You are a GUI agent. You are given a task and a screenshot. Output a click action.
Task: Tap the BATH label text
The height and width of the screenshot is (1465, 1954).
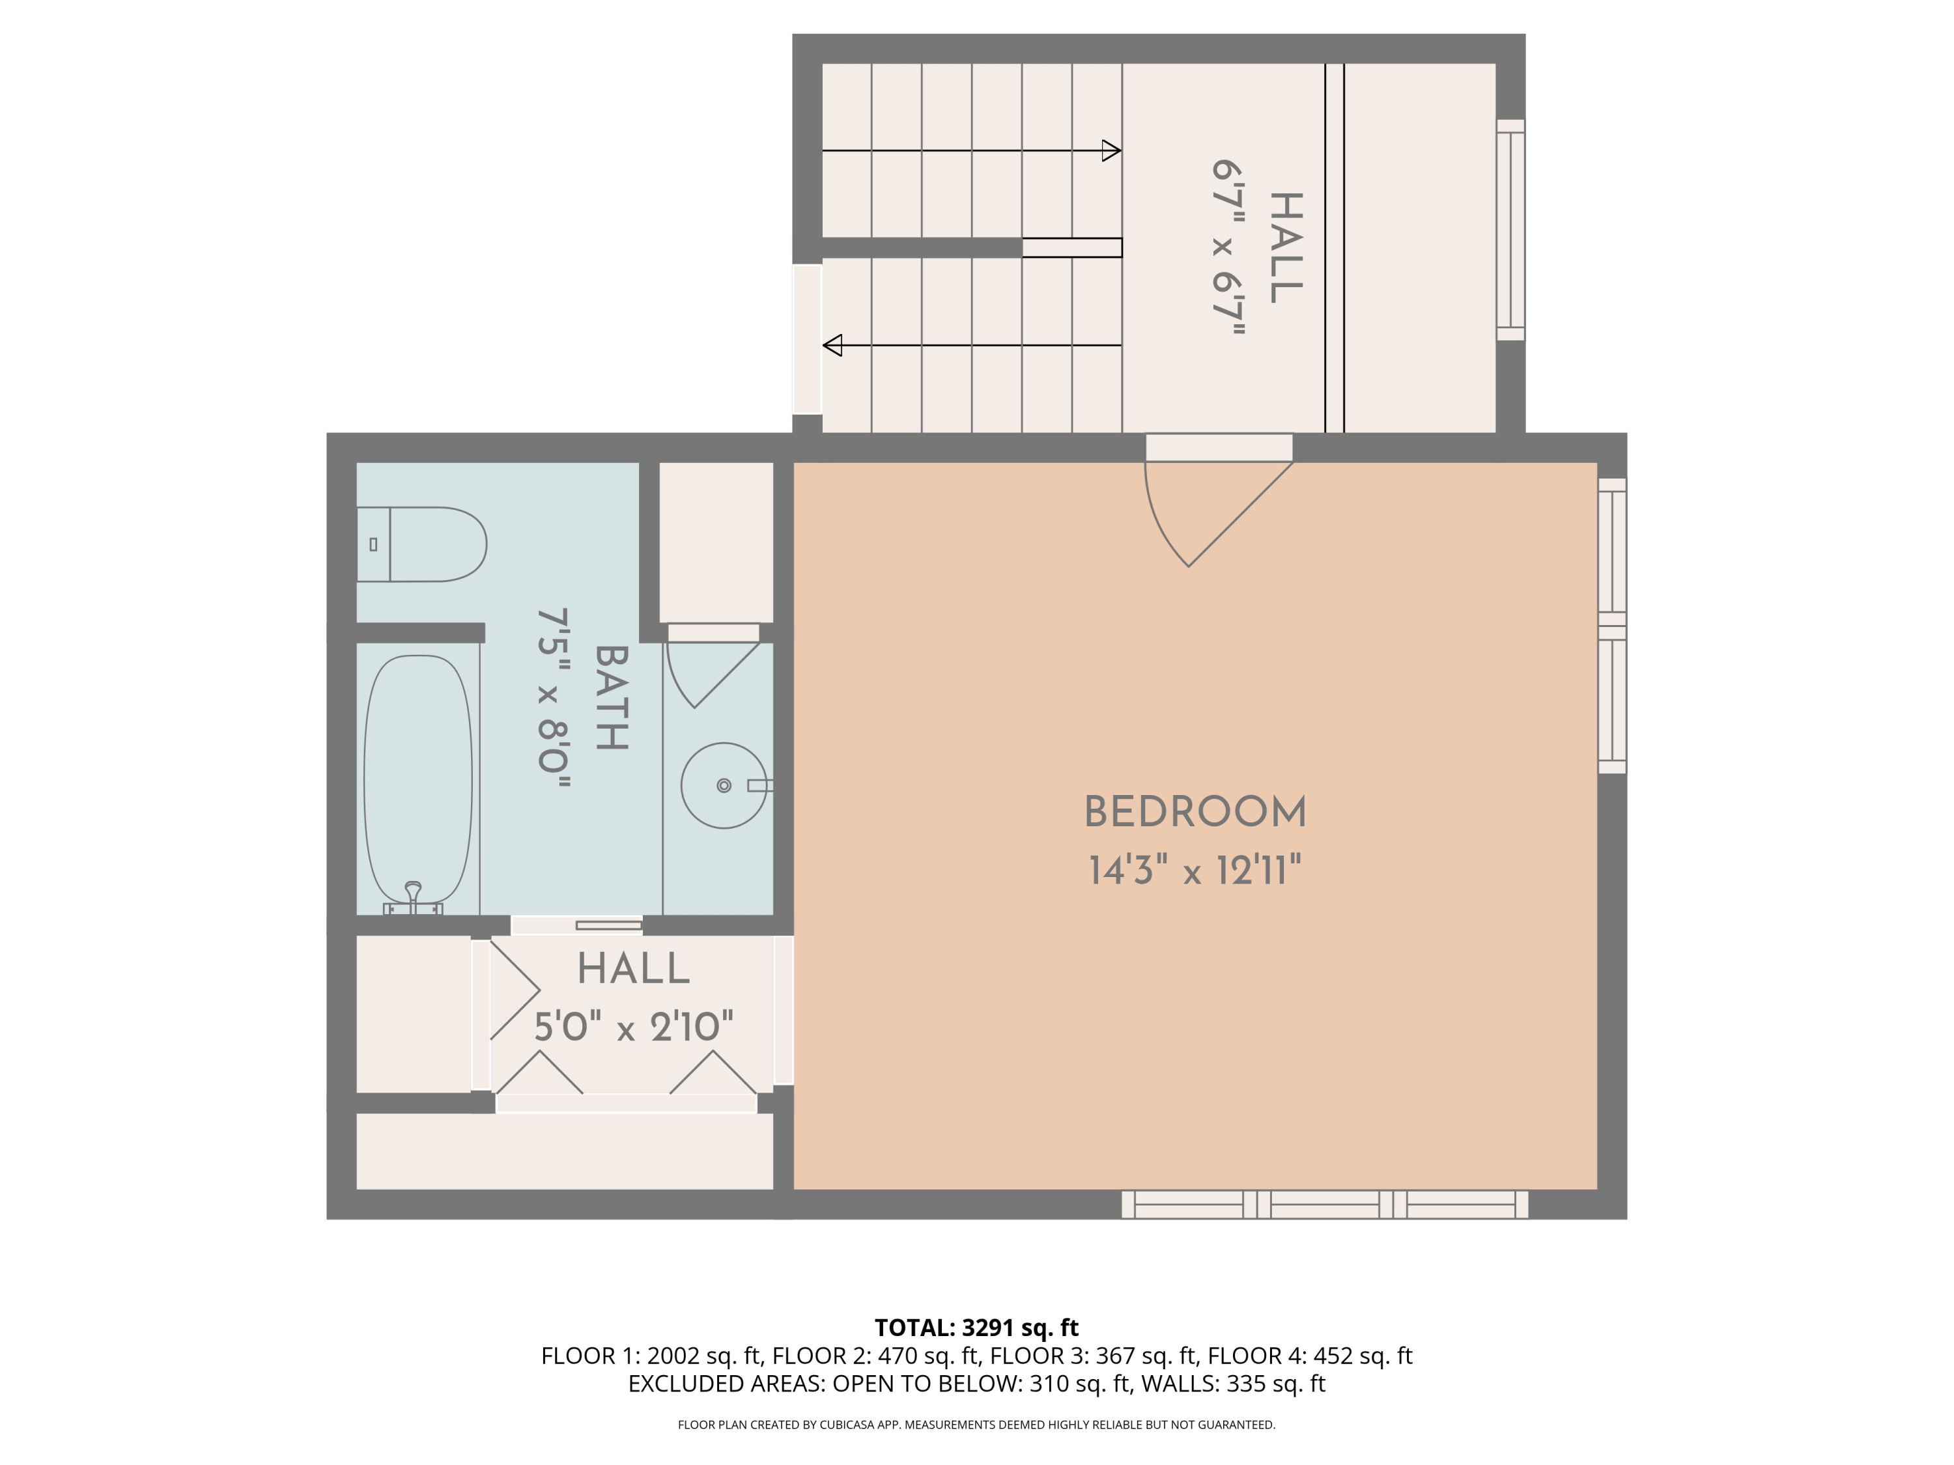click(x=612, y=697)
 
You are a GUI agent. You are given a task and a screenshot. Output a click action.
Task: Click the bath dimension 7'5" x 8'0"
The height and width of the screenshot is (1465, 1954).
click(x=554, y=697)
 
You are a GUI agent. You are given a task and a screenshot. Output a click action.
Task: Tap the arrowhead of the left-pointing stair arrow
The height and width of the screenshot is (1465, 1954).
click(x=832, y=345)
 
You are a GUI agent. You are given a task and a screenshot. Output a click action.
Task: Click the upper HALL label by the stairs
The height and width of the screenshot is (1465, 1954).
click(x=1285, y=248)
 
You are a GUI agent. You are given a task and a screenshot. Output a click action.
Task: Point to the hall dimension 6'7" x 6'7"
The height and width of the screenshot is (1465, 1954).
click(x=1228, y=248)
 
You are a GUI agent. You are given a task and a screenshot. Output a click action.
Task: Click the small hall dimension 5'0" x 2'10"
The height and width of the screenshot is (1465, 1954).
click(x=633, y=1027)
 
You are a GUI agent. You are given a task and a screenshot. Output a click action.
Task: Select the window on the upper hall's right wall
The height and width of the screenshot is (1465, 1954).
click(x=1510, y=230)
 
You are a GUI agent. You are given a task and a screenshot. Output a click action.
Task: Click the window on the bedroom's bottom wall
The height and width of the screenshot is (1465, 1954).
click(x=1324, y=1205)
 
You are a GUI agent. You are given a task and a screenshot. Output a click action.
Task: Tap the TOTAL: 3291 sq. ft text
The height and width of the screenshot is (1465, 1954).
click(x=976, y=1327)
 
